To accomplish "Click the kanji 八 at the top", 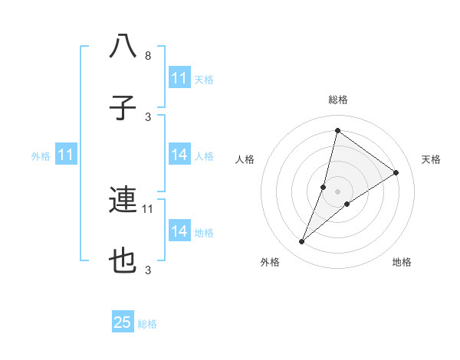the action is point(123,47).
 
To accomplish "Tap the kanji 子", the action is point(123,109).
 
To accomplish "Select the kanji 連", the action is point(123,200).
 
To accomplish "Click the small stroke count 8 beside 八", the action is point(148,56).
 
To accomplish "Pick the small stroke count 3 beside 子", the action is point(148,117).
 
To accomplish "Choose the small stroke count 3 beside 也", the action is point(148,270).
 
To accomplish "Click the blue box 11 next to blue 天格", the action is point(179,78).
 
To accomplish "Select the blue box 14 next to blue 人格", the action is point(179,155).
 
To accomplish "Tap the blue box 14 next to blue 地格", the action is point(179,231).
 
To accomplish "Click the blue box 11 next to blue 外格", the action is point(66,155).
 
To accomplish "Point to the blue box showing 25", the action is point(123,322).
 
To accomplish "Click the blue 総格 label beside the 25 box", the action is point(148,324).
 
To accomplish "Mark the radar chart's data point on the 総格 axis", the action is point(337,130).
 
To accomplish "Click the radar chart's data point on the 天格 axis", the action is point(396,172).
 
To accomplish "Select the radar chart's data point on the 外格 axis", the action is point(301,242).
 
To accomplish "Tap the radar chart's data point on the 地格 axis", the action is point(347,204).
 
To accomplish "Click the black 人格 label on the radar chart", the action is point(245,159).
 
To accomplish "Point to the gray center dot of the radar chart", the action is point(337,191).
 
